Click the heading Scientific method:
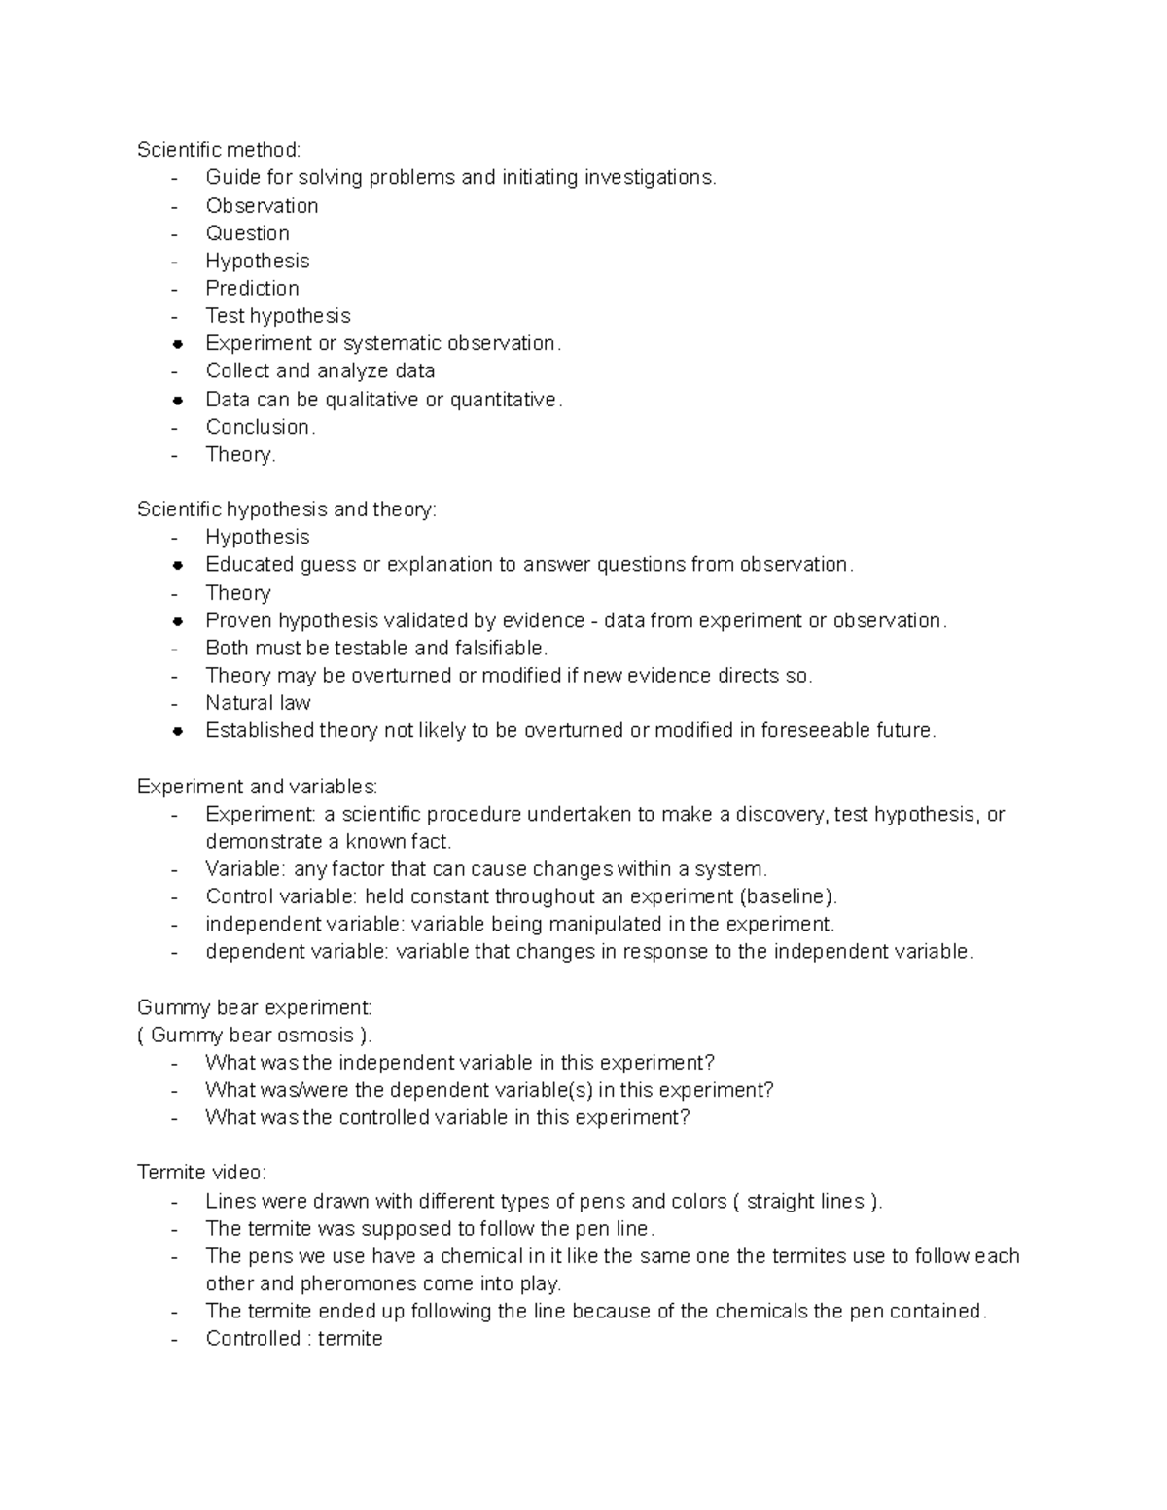click(x=219, y=150)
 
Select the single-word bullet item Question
click(x=247, y=233)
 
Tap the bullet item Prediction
click(x=252, y=289)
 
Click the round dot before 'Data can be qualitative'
click(x=177, y=400)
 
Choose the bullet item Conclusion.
click(x=260, y=427)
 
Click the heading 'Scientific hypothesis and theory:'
click(x=287, y=510)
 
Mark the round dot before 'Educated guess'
click(x=177, y=565)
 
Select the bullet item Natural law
click(x=258, y=703)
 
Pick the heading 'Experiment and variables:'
click(x=257, y=787)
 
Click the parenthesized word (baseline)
click(x=788, y=896)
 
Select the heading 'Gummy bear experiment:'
click(x=254, y=1007)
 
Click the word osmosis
click(x=312, y=1036)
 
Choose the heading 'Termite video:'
click(x=201, y=1174)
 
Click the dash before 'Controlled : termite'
click(x=175, y=1340)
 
